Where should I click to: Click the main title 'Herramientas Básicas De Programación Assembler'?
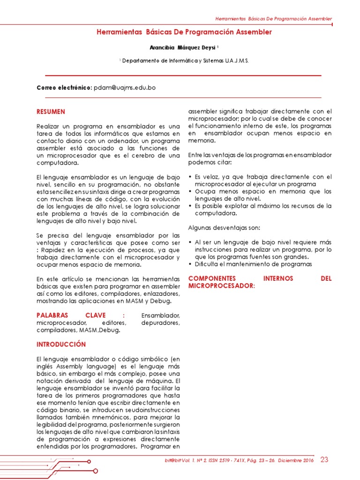184,32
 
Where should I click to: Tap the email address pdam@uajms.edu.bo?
125,88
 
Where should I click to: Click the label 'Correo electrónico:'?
64,88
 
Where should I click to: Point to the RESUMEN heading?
51,112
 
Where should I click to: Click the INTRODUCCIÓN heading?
61,344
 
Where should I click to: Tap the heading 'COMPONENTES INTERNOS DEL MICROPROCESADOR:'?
259,282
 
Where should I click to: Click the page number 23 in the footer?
324,460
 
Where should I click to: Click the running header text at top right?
273,19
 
